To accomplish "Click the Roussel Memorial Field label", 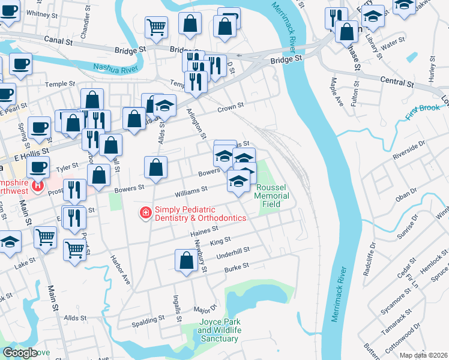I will [272, 196].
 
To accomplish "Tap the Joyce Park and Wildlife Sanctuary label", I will [220, 331].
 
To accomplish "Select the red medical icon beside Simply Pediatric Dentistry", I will [145, 213].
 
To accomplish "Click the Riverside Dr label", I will [409, 150].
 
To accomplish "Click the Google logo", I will [20, 353].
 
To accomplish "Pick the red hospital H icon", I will [38, 187].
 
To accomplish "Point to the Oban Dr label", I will [406, 191].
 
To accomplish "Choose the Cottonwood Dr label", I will [420, 332].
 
